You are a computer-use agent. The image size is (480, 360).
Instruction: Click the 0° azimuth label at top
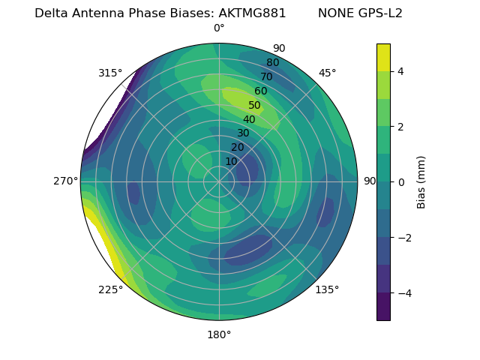point(219,28)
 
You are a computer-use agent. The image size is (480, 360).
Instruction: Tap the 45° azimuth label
point(327,73)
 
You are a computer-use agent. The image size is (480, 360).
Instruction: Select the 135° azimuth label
point(327,289)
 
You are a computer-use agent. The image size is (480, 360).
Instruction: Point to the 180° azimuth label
point(219,334)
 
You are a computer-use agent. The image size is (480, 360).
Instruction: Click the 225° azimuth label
point(110,289)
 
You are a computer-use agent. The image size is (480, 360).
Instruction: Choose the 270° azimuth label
point(65,181)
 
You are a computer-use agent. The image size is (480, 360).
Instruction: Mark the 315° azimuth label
point(110,73)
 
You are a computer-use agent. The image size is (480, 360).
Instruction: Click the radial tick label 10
point(231,161)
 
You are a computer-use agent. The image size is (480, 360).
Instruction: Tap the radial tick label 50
point(255,106)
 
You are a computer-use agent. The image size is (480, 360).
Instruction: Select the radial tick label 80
point(272,63)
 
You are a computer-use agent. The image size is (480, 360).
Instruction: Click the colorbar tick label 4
point(401,71)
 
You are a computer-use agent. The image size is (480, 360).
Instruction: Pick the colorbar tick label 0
point(401,182)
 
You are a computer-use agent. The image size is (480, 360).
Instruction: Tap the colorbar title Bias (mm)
point(421,182)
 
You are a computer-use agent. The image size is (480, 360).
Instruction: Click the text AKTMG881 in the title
point(252,13)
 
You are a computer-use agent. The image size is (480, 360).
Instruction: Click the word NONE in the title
point(334,13)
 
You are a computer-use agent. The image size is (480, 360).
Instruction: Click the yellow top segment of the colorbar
point(383,58)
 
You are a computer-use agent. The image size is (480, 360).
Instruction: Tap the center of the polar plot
point(219,181)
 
